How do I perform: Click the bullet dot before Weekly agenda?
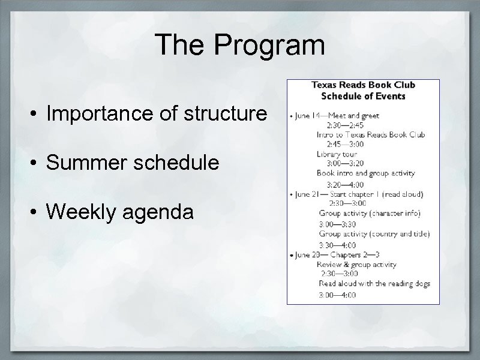pos(37,212)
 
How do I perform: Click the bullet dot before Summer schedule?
pos(37,163)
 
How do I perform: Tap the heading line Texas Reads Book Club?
pos(363,85)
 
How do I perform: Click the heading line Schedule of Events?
pos(363,95)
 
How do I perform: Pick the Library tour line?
pos(337,154)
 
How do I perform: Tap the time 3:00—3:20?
pos(344,163)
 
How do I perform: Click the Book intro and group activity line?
pos(365,173)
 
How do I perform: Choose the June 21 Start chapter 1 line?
pos(359,194)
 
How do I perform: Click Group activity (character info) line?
pos(370,213)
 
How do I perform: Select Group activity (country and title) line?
pos(374,234)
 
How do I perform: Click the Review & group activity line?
pos(356,265)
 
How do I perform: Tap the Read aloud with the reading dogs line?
pos(374,284)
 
